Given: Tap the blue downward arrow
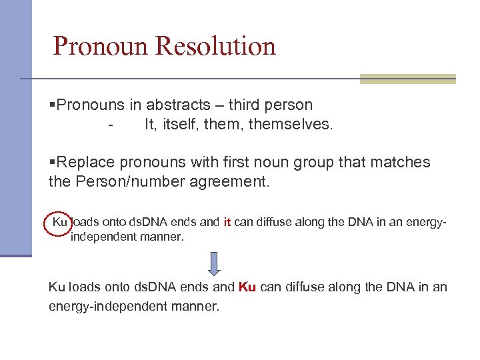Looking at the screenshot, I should click(214, 263).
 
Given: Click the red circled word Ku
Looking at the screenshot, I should click(59, 222).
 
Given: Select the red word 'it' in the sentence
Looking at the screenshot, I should click(227, 222).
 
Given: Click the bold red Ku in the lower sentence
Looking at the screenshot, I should click(247, 287).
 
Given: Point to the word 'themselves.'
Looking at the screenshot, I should click(290, 124).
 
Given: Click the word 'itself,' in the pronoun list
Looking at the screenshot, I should click(181, 124).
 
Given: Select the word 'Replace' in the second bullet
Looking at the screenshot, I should click(84, 162).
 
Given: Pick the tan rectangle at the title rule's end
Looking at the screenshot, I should click(407, 79).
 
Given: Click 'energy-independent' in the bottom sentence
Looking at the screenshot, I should click(97, 307).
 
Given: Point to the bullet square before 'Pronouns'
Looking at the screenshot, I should click(52, 105).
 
